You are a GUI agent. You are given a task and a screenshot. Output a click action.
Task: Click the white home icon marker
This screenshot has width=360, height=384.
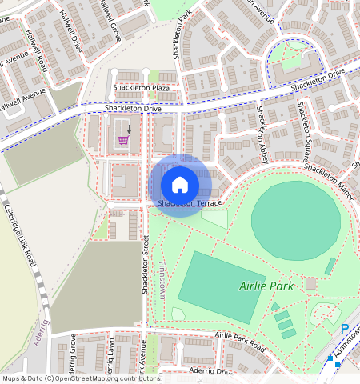(180, 185)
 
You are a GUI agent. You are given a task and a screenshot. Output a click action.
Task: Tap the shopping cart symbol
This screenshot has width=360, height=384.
(123, 139)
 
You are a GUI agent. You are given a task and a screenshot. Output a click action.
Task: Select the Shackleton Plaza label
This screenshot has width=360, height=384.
(141, 86)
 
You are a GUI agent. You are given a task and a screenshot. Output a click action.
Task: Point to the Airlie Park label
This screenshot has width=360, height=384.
(266, 286)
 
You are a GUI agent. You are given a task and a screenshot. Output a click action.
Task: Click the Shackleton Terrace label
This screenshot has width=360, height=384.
(189, 203)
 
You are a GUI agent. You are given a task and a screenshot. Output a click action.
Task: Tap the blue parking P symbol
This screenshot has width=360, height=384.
(345, 329)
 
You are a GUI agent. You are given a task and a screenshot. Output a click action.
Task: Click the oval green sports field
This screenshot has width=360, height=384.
(294, 214)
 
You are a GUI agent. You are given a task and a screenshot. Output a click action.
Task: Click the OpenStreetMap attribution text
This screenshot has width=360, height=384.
(80, 378)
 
